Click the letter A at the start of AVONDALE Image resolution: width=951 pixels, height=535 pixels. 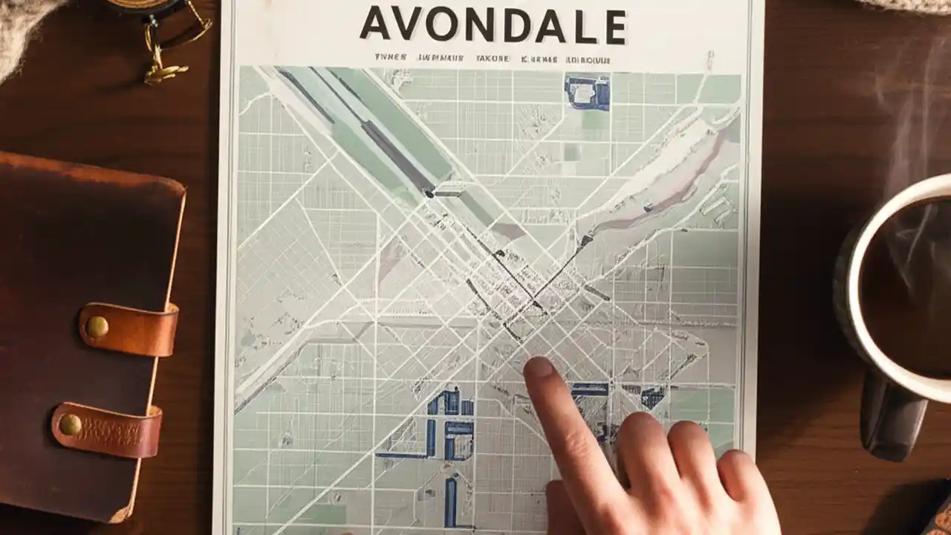pos(375,25)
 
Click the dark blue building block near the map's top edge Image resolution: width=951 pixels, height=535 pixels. pos(587,91)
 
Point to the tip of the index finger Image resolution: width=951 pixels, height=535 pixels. pos(537,366)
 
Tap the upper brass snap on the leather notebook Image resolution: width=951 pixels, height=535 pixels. pos(97,327)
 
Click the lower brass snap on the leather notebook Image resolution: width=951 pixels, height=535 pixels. pos(71,424)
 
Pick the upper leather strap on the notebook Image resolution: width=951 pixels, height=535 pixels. pos(130,328)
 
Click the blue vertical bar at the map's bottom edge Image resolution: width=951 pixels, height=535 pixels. pos(450,502)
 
